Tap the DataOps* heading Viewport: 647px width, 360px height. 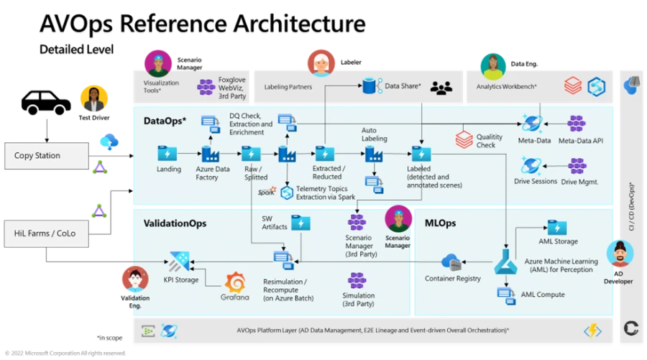[165, 121]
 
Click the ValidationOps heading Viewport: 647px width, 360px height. [175, 223]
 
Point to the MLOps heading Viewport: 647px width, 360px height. [440, 223]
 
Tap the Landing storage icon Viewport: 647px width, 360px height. [168, 153]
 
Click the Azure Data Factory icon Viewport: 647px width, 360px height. [211, 154]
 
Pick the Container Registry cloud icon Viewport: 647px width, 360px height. [451, 261]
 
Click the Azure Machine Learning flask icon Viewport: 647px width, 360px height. [505, 265]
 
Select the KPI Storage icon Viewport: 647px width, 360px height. [179, 261]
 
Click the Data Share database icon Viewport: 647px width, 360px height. [372, 86]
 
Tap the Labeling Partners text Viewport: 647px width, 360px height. [288, 87]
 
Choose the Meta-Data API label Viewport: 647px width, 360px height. [580, 141]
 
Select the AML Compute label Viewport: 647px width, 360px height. [542, 295]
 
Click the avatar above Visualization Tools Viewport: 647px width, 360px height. [157, 63]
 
